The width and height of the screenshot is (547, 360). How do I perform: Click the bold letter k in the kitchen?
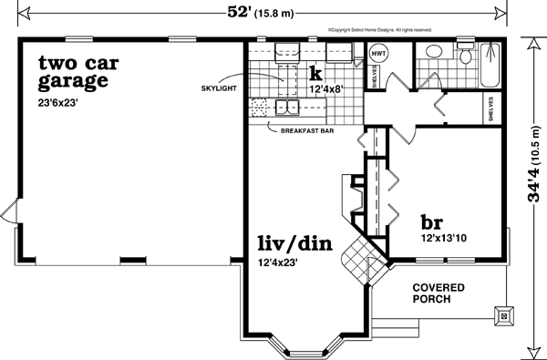tap(316, 72)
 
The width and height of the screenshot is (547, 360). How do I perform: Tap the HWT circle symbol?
tap(379, 55)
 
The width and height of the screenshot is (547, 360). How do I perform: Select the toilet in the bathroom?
tap(466, 57)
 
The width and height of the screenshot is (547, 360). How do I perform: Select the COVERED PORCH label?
tap(438, 293)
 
